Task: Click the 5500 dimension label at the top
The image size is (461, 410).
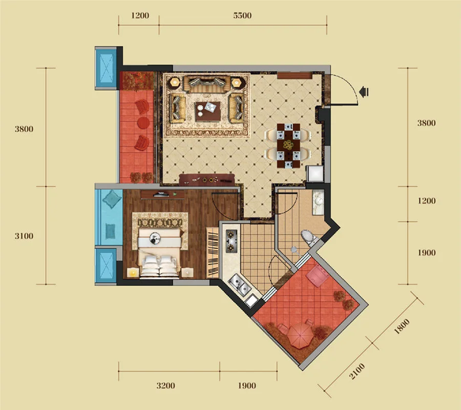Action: pos(242,15)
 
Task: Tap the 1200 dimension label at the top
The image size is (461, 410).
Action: pos(140,15)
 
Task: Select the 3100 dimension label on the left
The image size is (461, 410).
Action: pos(24,236)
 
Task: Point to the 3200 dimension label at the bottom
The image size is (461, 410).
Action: pos(165,385)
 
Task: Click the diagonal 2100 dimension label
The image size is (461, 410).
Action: pos(357,371)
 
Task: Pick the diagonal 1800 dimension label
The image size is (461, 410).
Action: pos(402,326)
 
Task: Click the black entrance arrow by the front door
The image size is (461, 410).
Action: pos(364,92)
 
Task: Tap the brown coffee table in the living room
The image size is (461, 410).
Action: pos(207,112)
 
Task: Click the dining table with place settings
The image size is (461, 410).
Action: pos(288,146)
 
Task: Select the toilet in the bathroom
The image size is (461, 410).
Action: pos(308,237)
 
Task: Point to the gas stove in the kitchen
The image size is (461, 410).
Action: pos(231,241)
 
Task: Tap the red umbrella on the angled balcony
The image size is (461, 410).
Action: pos(300,336)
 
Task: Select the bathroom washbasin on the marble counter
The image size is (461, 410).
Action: pos(318,201)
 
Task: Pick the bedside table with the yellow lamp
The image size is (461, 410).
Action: pos(133,273)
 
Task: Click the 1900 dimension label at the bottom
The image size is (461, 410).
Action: pos(247,385)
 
